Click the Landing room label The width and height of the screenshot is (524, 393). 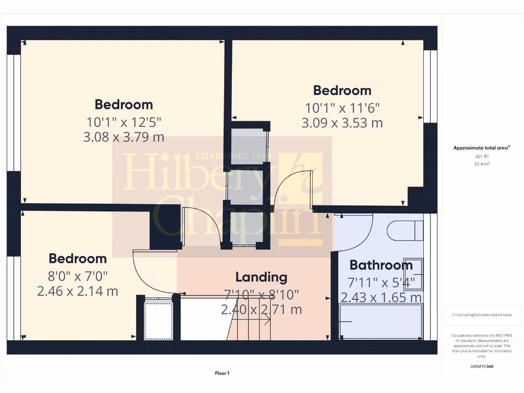(261, 277)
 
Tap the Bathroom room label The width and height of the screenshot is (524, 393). (381, 265)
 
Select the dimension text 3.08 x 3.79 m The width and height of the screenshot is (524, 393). (123, 137)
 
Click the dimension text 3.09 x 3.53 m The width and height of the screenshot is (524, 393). (342, 123)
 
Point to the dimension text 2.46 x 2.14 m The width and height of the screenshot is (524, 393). (78, 291)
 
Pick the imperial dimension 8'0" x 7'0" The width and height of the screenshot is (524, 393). (78, 276)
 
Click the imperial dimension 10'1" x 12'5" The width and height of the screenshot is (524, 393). (123, 122)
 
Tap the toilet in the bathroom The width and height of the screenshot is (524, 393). (405, 230)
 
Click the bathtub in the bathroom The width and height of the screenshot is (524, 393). (381, 321)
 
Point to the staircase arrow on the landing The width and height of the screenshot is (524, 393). (258, 321)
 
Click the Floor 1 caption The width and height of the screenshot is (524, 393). (222, 374)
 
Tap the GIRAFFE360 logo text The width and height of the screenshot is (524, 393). (481, 366)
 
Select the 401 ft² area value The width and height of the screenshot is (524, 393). (481, 157)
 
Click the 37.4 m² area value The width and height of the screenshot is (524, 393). (481, 164)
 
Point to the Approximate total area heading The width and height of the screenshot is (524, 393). (481, 148)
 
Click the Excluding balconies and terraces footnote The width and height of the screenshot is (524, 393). (481, 315)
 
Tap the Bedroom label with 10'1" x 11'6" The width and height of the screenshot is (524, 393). (342, 91)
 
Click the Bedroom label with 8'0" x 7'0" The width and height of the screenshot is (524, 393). (78, 258)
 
